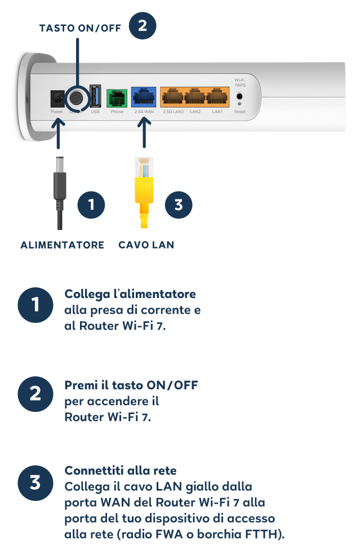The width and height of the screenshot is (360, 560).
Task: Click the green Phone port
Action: pos(117,97)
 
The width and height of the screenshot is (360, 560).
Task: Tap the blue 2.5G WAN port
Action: pos(144,97)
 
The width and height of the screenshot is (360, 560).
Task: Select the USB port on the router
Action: pos(95,96)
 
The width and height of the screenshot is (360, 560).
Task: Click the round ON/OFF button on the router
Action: pos(76,97)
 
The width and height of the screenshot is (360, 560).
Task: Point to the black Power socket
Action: pos(57,99)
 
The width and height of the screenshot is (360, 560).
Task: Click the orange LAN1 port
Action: pos(217,97)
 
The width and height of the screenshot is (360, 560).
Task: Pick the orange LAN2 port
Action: pos(195,97)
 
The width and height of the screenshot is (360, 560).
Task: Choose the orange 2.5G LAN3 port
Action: pos(172,97)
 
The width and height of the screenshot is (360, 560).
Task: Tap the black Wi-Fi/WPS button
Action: pos(239,96)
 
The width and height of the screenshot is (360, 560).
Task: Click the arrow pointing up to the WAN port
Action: pos(144,132)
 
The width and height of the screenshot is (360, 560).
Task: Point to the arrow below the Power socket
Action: pos(58,133)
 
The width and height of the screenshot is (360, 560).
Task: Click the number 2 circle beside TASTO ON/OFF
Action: pos(143,26)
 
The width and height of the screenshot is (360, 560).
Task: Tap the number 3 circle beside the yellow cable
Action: pos(179,205)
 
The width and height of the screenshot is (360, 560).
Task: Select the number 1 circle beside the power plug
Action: pos(91,205)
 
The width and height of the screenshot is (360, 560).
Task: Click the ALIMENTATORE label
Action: pos(63,245)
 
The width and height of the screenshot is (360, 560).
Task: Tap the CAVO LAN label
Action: pos(146,245)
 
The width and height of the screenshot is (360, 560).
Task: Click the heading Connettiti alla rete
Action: pos(121,471)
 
